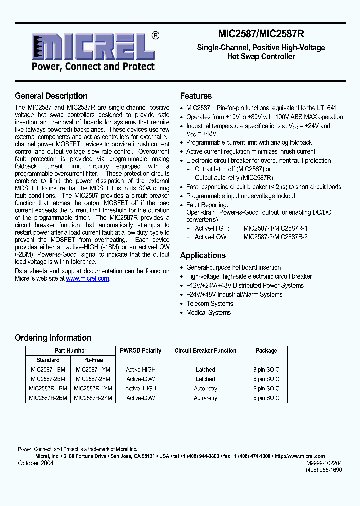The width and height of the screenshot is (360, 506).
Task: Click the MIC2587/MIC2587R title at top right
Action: coord(261,34)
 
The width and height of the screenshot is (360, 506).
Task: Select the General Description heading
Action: coord(51,96)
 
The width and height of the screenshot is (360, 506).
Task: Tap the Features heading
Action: coord(196,96)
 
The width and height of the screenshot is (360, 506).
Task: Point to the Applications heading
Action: coord(203,255)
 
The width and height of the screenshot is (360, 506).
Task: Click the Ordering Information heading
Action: coord(53,338)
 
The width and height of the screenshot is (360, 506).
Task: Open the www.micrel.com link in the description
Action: coord(87,279)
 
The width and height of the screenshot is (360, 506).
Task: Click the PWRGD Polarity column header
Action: coord(141,351)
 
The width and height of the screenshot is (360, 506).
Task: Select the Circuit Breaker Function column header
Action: coord(205,351)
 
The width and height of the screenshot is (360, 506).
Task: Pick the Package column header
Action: coord(266,351)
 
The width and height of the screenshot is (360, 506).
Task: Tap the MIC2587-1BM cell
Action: coord(48,370)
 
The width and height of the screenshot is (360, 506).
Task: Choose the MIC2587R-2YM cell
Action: coord(93,398)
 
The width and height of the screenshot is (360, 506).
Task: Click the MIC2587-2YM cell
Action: coord(93,379)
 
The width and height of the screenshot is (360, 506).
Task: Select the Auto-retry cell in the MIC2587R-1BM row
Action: coord(205,389)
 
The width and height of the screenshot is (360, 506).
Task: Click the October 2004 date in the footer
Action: coord(36,463)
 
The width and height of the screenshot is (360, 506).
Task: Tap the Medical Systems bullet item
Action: coord(208,313)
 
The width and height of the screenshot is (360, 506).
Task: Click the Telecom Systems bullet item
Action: coord(209,304)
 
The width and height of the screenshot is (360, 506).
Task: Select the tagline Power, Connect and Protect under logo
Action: coord(93,67)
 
